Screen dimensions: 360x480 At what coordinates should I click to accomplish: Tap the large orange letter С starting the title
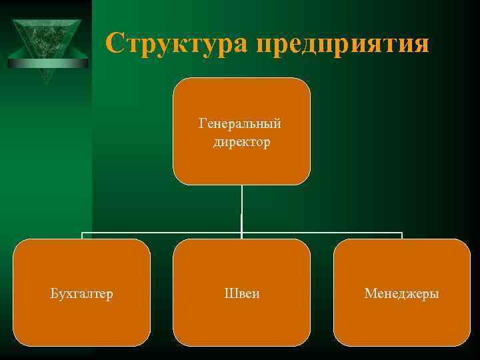[115, 43]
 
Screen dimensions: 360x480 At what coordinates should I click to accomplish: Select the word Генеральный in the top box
[241, 124]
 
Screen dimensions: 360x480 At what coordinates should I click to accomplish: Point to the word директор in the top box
[241, 142]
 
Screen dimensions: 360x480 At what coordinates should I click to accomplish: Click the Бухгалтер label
[82, 293]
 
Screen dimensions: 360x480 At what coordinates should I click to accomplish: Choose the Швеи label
[241, 293]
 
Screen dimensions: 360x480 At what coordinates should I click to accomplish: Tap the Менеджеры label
[401, 293]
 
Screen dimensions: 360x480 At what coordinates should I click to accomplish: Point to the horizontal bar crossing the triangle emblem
[47, 63]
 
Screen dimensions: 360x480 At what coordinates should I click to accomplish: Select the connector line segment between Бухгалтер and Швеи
[161, 233]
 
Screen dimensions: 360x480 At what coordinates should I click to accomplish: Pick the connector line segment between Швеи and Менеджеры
[321, 233]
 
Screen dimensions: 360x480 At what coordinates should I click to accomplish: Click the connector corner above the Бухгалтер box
[82, 233]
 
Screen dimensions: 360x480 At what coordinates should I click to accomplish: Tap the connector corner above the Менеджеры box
[402, 233]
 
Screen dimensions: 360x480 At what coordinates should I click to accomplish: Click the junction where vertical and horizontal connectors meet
[241, 233]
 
